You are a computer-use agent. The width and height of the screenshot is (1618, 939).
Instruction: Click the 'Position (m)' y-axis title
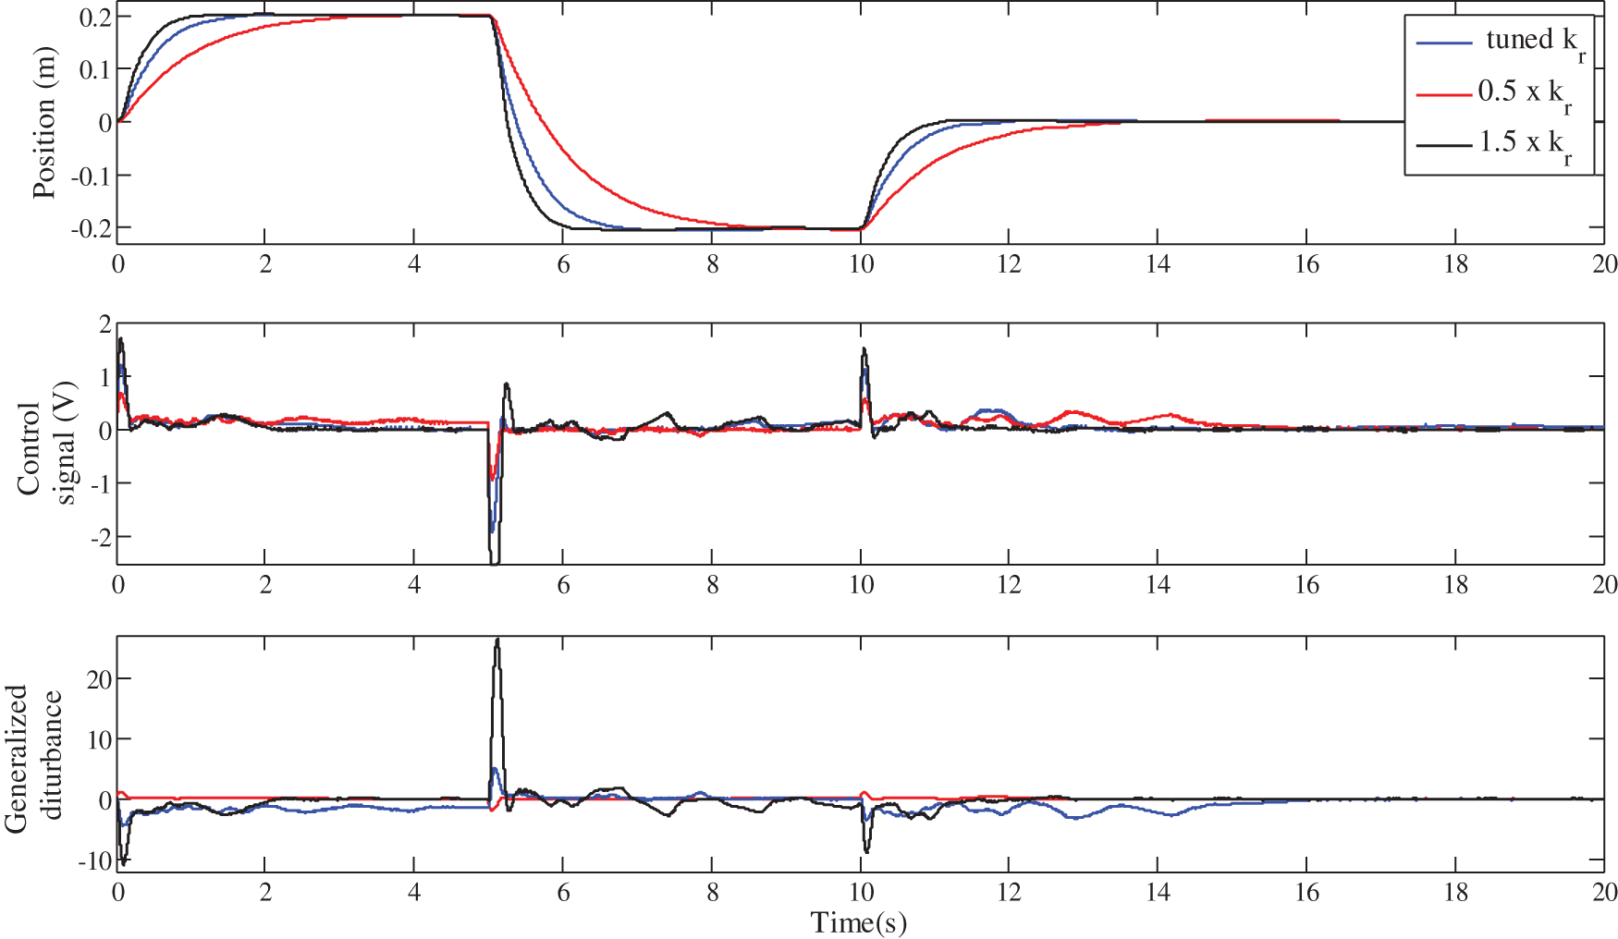click(x=43, y=123)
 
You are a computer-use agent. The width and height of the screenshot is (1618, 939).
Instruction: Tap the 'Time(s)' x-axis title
click(x=858, y=922)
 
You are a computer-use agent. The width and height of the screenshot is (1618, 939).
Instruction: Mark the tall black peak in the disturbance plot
click(x=497, y=640)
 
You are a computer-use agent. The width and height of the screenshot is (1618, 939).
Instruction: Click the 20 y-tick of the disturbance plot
click(x=98, y=679)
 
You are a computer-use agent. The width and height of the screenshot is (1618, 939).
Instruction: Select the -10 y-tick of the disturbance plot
click(x=93, y=861)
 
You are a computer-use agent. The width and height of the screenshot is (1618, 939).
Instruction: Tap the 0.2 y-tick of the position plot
click(x=94, y=18)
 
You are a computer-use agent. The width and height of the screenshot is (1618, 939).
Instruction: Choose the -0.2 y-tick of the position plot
click(x=91, y=227)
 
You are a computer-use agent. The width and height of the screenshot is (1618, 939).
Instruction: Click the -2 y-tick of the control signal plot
click(x=98, y=537)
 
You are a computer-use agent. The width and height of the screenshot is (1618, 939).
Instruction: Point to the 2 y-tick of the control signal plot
click(x=104, y=324)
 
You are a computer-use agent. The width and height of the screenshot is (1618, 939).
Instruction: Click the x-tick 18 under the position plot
click(x=1455, y=264)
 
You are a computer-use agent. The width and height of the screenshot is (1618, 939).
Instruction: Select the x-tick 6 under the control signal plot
click(x=563, y=585)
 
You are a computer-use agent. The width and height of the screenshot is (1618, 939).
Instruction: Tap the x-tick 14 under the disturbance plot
click(x=1158, y=892)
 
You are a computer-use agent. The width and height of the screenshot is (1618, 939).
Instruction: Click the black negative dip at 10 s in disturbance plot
click(x=866, y=850)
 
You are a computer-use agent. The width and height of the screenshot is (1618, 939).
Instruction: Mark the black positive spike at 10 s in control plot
click(x=864, y=349)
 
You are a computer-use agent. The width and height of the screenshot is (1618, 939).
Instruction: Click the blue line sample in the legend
click(x=1444, y=43)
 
